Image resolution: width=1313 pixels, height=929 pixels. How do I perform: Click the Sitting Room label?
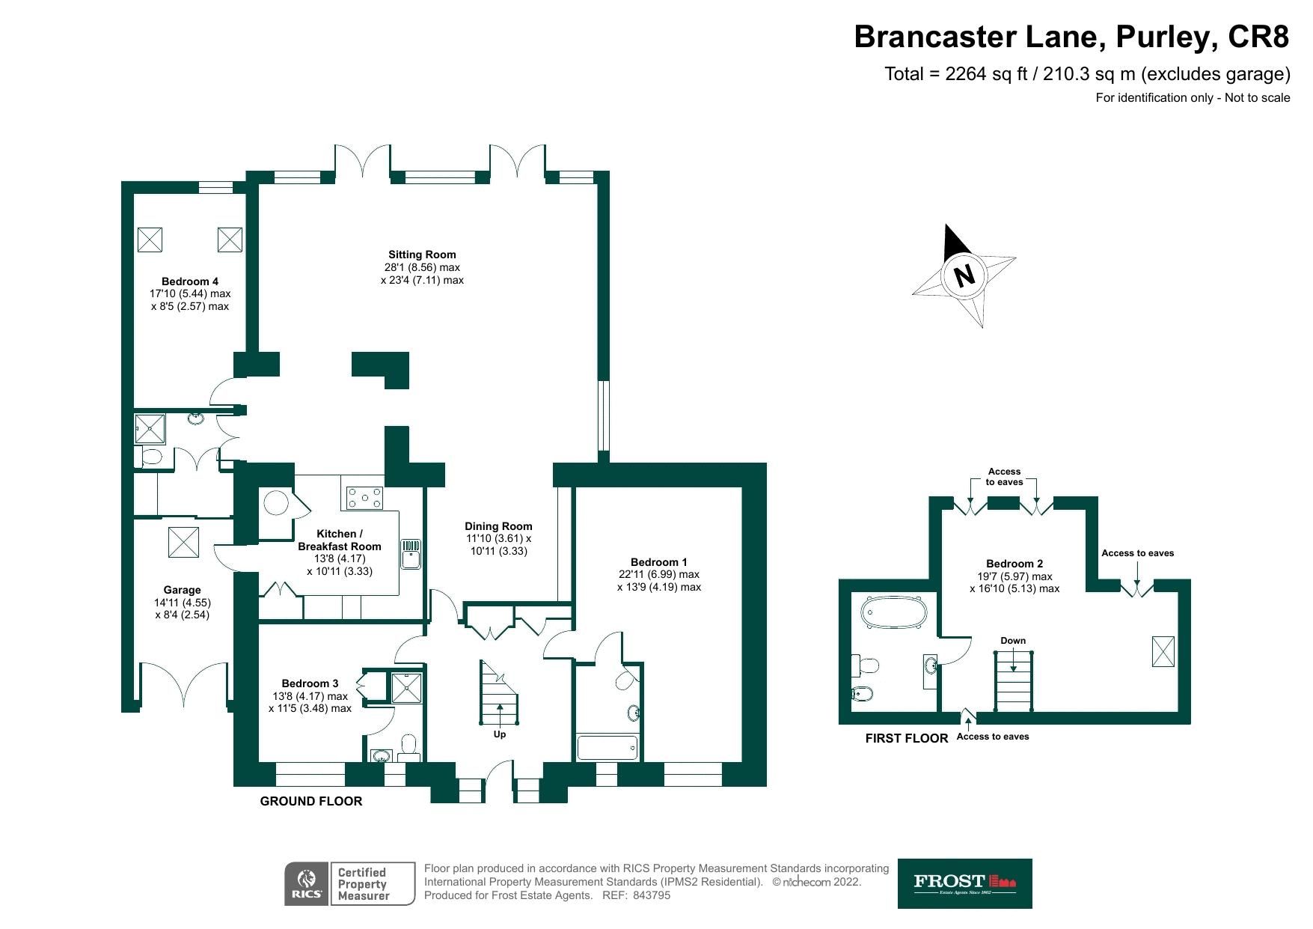pyautogui.click(x=422, y=255)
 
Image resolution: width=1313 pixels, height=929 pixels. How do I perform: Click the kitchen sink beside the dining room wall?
pyautogui.click(x=411, y=554)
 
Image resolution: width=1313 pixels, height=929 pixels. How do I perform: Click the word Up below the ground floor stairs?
pyautogui.click(x=500, y=734)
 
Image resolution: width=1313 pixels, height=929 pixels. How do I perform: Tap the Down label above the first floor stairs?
pyautogui.click(x=1013, y=641)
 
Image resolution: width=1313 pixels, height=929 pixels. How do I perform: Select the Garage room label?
pyautogui.click(x=182, y=590)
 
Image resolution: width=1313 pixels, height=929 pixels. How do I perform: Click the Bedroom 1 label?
pyautogui.click(x=658, y=562)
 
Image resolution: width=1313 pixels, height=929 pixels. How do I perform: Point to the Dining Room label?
pyautogui.click(x=498, y=526)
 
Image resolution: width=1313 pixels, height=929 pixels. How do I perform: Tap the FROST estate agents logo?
pyautogui.click(x=964, y=883)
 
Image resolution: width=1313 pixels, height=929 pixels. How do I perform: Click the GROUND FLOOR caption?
pyautogui.click(x=311, y=801)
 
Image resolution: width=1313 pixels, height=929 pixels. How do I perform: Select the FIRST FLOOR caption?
pyautogui.click(x=906, y=738)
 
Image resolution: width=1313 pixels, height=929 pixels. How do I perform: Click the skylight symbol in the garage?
pyautogui.click(x=183, y=542)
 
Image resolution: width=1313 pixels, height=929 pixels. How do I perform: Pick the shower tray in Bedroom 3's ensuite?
pyautogui.click(x=407, y=687)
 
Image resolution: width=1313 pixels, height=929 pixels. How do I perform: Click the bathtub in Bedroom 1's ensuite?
pyautogui.click(x=607, y=747)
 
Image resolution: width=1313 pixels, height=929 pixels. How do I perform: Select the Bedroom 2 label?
pyautogui.click(x=1014, y=564)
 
